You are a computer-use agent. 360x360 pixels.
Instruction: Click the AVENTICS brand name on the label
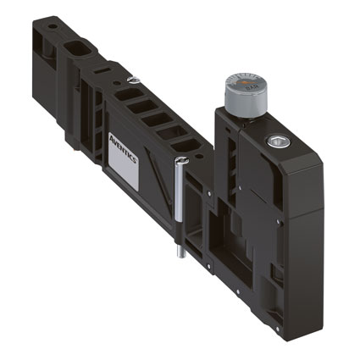(123, 149)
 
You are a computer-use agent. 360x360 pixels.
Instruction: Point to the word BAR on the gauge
(250, 88)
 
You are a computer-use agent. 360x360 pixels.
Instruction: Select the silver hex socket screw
(279, 141)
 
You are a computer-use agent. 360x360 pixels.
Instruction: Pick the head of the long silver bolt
(182, 160)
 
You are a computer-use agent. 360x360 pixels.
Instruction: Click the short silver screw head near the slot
(134, 80)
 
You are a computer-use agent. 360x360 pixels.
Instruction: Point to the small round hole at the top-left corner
(53, 26)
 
